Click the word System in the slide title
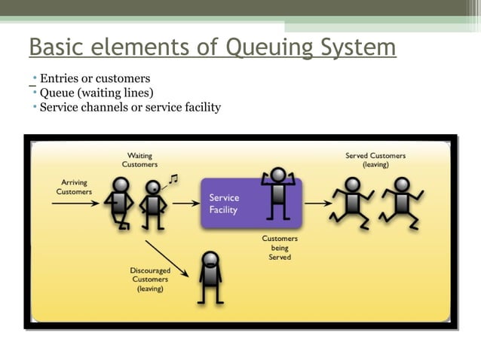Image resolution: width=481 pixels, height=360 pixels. coord(357,47)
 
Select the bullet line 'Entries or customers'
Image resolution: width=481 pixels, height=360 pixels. coord(94,78)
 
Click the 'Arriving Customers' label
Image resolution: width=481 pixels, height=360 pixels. coord(74,187)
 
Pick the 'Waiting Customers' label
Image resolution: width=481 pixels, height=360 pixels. coord(139,160)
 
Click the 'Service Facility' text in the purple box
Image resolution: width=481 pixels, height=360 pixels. coord(225,204)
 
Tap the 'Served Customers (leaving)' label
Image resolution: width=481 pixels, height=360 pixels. coord(375,160)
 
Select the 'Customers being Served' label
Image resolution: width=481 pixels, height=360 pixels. coord(280,248)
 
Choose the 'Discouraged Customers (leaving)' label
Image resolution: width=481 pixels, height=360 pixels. coord(150,279)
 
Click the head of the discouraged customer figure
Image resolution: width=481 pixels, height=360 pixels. coord(210,261)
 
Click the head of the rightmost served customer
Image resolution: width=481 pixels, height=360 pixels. coord(402,185)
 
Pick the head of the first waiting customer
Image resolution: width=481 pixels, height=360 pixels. coord(120,185)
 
